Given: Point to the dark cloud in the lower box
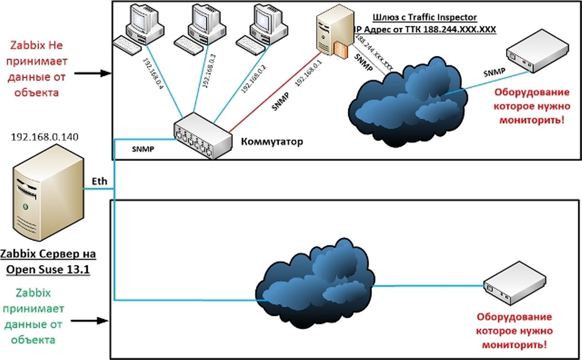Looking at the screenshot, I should [x=314, y=286].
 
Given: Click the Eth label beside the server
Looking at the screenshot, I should [x=100, y=181].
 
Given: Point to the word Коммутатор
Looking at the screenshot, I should [x=272, y=142].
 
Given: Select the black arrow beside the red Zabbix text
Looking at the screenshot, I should [x=93, y=73].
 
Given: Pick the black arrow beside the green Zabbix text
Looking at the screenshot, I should [x=90, y=321].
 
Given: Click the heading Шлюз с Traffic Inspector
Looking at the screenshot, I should [x=425, y=17].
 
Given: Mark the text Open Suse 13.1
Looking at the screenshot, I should [x=47, y=270].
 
